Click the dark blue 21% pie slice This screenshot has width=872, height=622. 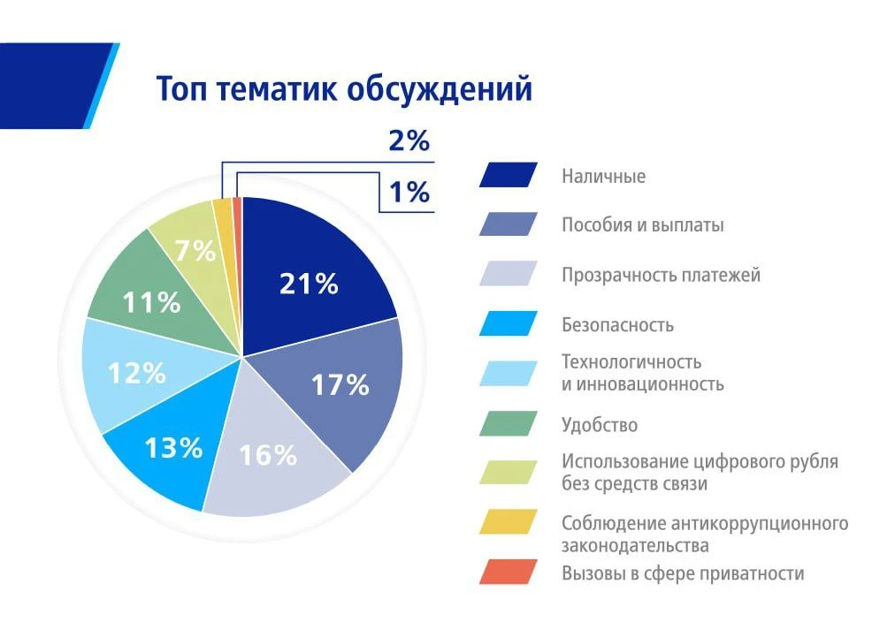(x=310, y=274)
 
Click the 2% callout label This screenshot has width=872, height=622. (x=409, y=140)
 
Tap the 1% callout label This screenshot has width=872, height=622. (x=409, y=191)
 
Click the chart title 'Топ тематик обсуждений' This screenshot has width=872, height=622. (x=344, y=89)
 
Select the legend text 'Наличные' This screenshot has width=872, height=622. (x=603, y=176)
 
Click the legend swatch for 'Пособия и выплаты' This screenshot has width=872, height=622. (x=508, y=224)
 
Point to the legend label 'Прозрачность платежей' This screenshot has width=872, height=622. (x=661, y=275)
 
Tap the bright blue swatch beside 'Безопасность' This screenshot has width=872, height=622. (x=508, y=324)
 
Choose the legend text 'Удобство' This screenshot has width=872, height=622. (x=599, y=425)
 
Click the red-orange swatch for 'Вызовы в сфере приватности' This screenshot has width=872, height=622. (x=508, y=573)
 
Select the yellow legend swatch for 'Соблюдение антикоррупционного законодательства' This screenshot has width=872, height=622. (x=508, y=522)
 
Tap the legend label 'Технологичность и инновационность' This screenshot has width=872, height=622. (x=642, y=373)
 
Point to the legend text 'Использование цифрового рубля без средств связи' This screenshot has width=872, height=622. (x=699, y=473)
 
